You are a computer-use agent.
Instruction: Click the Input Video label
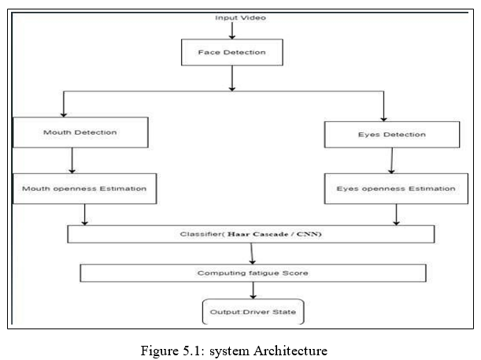click(x=241, y=18)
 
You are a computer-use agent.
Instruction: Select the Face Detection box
click(x=232, y=52)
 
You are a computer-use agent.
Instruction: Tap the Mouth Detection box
click(x=80, y=132)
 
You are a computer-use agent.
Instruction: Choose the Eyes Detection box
click(x=392, y=135)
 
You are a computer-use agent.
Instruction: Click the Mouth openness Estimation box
click(x=85, y=188)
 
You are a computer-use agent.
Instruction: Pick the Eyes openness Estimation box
click(x=396, y=188)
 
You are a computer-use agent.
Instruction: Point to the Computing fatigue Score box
click(x=253, y=273)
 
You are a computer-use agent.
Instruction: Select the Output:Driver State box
click(x=253, y=312)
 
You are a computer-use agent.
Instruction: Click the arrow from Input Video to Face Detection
click(x=232, y=31)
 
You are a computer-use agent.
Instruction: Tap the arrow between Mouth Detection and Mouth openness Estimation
click(x=72, y=161)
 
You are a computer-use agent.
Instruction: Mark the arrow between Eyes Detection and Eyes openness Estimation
click(x=392, y=161)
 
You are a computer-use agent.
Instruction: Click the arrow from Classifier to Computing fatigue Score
click(x=252, y=254)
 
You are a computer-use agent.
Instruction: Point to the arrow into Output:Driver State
click(x=253, y=291)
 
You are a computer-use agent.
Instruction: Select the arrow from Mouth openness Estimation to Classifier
click(x=85, y=214)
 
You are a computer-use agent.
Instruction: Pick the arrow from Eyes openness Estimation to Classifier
click(x=396, y=214)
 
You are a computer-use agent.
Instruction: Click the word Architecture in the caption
click(x=290, y=351)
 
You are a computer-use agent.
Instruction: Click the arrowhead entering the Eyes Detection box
click(x=383, y=119)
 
